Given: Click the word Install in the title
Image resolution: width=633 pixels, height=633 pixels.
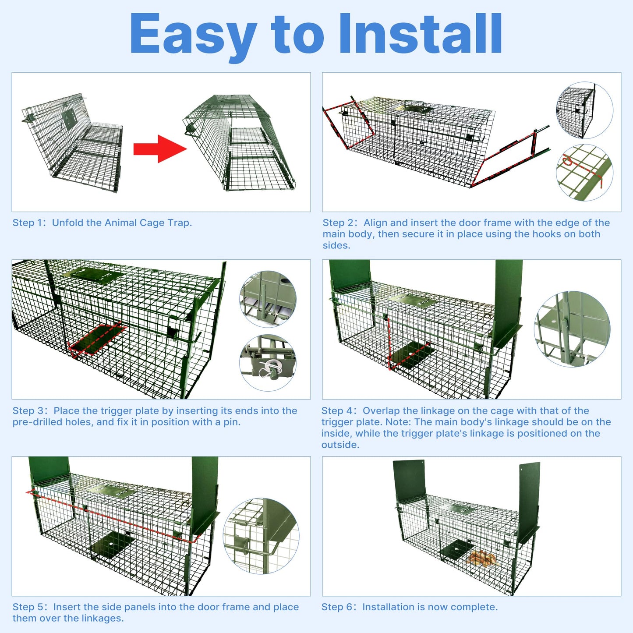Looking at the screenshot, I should (x=420, y=34).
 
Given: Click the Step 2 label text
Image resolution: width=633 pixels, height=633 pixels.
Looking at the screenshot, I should (x=339, y=223).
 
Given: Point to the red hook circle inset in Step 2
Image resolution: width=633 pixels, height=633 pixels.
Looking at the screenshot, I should (x=584, y=173).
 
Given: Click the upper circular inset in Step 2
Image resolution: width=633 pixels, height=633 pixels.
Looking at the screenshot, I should (x=584, y=110).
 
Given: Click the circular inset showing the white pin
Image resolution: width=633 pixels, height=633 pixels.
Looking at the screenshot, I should (x=268, y=363).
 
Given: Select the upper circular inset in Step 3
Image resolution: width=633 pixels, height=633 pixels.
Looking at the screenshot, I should (x=268, y=299).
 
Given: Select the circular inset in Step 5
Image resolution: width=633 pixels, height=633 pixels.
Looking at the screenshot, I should (x=261, y=536).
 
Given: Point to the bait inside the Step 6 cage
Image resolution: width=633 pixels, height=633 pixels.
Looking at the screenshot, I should (x=481, y=558).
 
